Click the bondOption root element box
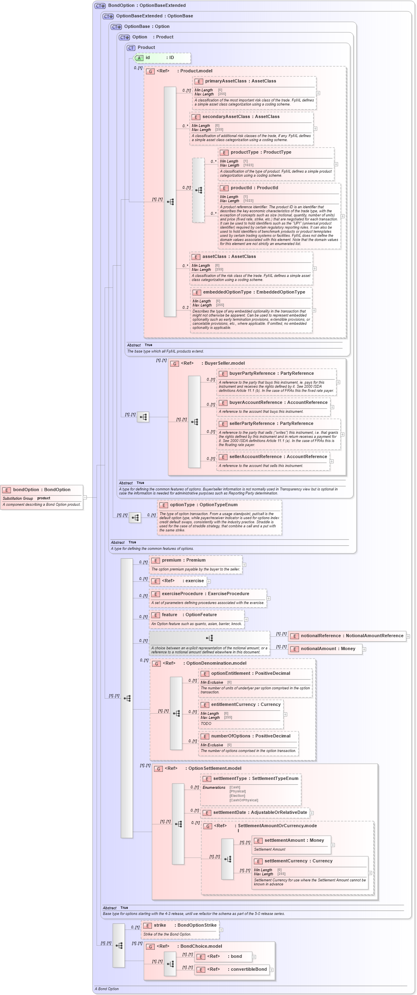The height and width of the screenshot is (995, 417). click(42, 490)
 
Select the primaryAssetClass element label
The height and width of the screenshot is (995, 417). click(240, 81)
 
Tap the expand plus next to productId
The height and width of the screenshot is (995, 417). click(342, 216)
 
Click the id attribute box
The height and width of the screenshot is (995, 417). click(162, 58)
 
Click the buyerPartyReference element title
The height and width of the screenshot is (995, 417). click(271, 374)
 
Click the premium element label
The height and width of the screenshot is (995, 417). click(183, 560)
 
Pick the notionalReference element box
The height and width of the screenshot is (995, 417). click(347, 636)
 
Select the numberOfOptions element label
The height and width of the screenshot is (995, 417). click(251, 736)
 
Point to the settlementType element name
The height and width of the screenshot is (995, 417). click(255, 779)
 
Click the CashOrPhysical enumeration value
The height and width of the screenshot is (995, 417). click(244, 800)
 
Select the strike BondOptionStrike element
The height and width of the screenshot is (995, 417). click(180, 925)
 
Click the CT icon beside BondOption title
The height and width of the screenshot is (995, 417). click(100, 6)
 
